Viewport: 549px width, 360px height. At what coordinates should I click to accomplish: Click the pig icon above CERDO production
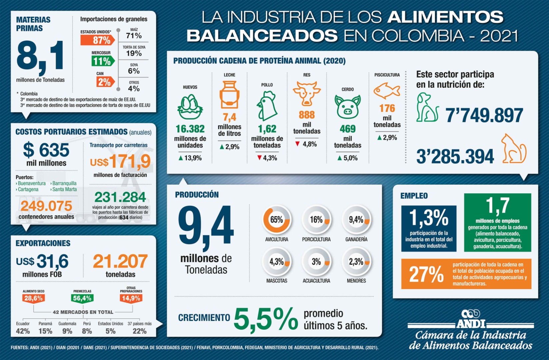(347, 106)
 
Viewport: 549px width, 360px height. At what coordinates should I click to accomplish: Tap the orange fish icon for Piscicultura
(386, 91)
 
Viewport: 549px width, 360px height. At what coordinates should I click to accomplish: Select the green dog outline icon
(427, 107)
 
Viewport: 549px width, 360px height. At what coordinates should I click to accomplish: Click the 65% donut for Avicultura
(276, 220)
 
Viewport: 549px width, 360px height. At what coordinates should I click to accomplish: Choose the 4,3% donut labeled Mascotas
(276, 262)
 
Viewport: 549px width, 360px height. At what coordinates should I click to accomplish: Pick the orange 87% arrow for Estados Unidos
(98, 40)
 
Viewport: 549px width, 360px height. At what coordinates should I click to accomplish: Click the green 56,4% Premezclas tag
(82, 298)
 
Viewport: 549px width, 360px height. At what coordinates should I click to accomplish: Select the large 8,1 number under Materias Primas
(40, 57)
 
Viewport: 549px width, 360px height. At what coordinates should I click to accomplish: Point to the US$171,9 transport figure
(120, 162)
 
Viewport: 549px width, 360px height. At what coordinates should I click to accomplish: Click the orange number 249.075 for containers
(46, 206)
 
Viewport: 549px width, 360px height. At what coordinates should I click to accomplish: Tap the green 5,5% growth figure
(266, 319)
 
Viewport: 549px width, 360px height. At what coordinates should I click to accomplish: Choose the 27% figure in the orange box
(426, 274)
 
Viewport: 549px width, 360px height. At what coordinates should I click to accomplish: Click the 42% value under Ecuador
(23, 331)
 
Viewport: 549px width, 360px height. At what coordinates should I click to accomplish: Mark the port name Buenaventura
(32, 183)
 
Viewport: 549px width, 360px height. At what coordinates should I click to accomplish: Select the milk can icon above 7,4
(229, 95)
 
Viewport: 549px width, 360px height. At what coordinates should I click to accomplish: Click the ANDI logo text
(471, 323)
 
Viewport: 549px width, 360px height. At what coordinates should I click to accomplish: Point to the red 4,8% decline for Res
(306, 144)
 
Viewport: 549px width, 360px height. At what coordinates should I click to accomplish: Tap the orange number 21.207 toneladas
(120, 261)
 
